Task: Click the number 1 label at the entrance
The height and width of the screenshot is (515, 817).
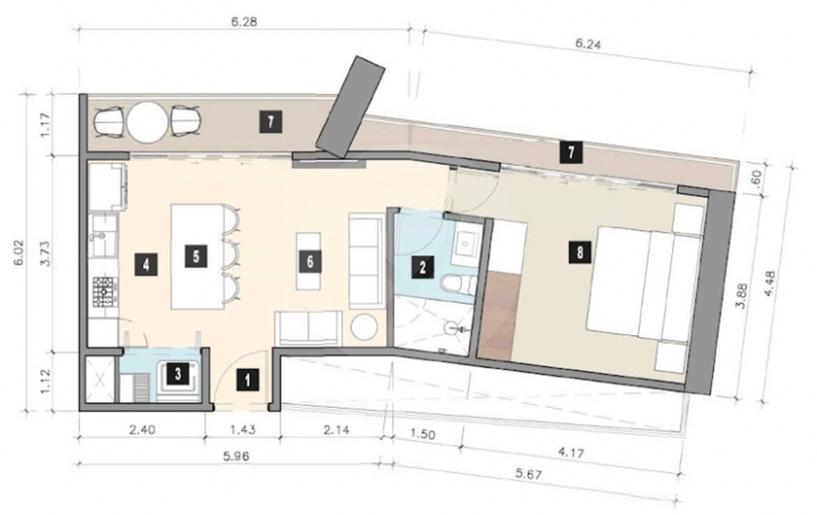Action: point(248,380)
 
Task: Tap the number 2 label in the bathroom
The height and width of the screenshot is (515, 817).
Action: point(423,268)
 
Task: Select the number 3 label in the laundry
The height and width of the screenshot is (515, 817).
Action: point(178,374)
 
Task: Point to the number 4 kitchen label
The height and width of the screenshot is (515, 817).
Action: point(146,264)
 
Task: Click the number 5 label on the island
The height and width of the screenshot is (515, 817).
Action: point(196,256)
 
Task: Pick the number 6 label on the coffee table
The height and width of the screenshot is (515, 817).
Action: point(310,262)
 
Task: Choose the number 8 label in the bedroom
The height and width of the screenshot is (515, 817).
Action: point(580,253)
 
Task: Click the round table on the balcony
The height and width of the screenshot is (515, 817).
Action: point(147,122)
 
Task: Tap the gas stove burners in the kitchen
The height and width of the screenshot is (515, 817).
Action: point(106,292)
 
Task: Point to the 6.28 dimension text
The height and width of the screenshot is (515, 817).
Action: point(244,22)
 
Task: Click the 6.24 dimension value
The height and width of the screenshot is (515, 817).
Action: point(588,44)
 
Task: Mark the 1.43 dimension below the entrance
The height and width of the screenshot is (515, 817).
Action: point(243,430)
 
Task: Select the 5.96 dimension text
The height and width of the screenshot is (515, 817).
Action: point(236,456)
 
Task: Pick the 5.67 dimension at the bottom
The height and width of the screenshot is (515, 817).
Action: point(529,475)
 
